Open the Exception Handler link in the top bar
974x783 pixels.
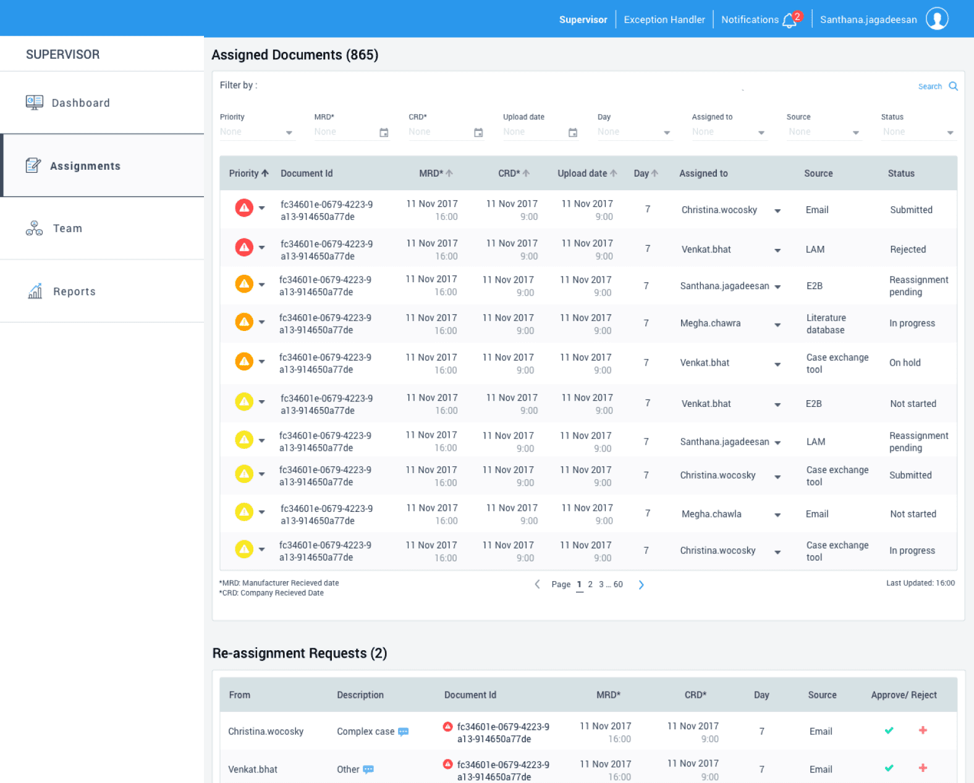tap(664, 19)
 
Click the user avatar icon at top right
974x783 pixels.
tap(937, 19)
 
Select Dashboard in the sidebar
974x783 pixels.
tap(80, 103)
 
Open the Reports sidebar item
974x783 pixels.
tap(74, 291)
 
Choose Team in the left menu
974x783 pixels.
tap(67, 228)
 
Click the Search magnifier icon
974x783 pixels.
tap(953, 86)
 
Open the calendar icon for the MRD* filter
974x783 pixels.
tap(384, 133)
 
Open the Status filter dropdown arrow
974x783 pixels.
tap(950, 133)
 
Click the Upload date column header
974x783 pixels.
tap(582, 174)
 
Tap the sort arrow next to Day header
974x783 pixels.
tap(654, 173)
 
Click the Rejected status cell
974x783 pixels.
tap(907, 249)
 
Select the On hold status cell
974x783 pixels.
tap(904, 362)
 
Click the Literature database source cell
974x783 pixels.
tap(826, 324)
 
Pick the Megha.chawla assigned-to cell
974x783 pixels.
tap(711, 514)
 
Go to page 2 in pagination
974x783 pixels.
tap(590, 584)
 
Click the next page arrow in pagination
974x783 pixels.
tap(641, 584)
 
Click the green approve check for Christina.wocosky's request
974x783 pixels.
tap(889, 731)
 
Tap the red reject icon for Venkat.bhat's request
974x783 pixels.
tap(923, 768)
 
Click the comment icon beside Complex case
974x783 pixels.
tap(404, 731)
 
